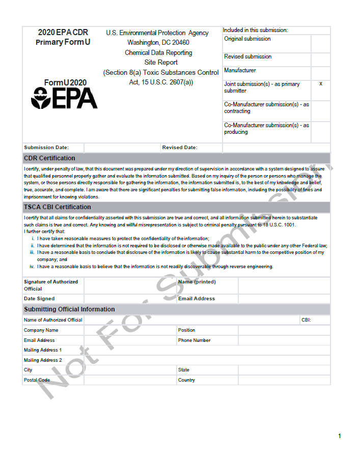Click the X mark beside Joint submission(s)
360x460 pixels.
[320, 83]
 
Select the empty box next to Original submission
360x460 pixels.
[320, 43]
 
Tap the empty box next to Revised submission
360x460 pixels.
[320, 59]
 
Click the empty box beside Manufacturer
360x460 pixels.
[320, 73]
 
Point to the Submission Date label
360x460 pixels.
[46, 148]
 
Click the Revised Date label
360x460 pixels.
[180, 148]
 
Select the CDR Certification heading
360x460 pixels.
[49, 158]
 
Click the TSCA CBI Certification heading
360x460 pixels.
[58, 207]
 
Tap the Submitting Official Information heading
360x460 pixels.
[69, 309]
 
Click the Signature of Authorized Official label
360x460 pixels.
[51, 285]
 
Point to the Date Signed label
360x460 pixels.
[39, 299]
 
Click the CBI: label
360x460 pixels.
[306, 320]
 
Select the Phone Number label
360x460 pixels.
[194, 340]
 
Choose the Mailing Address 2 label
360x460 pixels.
[43, 360]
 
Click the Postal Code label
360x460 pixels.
[37, 380]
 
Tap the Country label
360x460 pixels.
[186, 380]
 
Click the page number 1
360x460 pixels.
[339, 436]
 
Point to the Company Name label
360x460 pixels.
[41, 330]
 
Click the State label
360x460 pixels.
[184, 370]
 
